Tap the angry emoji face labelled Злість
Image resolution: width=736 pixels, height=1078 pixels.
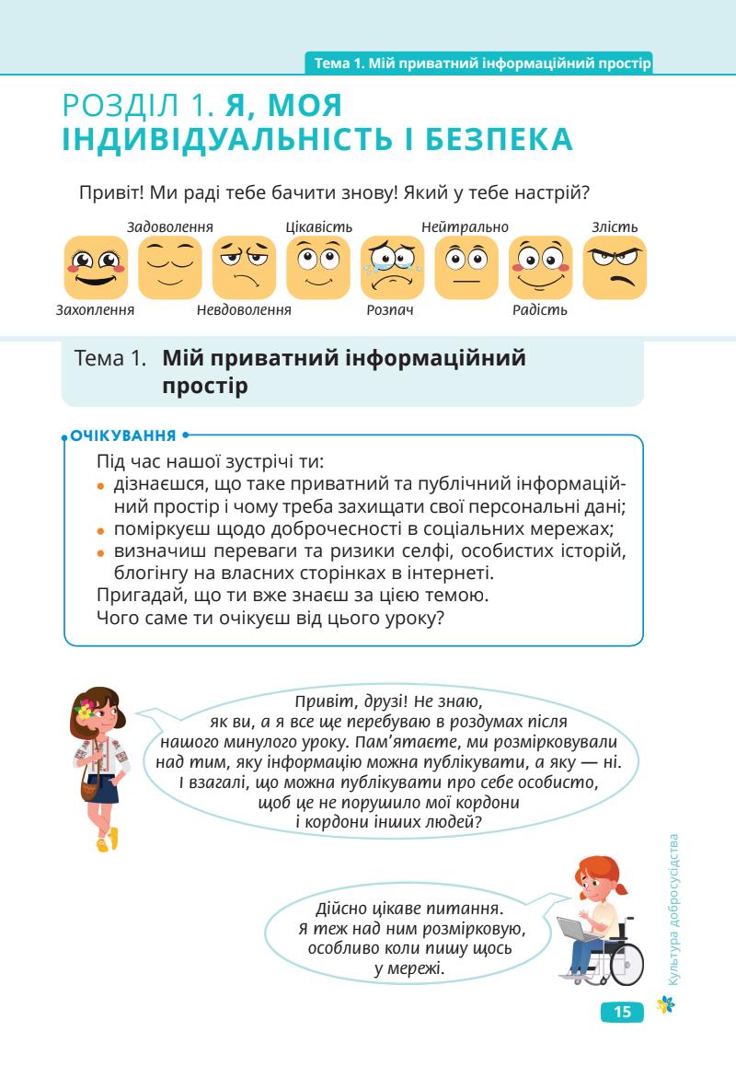[615, 268]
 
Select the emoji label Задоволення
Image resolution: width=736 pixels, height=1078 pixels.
[170, 227]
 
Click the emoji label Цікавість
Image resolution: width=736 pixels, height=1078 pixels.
[319, 227]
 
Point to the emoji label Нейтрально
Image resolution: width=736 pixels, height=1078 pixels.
[465, 227]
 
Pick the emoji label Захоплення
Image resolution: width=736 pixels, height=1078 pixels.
[95, 310]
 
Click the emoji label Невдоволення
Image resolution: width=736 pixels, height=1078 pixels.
[244, 310]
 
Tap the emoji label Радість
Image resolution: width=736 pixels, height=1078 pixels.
[540, 310]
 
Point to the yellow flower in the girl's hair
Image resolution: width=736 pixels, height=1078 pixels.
[86, 709]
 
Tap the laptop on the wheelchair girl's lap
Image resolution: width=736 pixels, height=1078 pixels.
[577, 929]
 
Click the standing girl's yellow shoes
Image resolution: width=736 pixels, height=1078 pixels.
[108, 840]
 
